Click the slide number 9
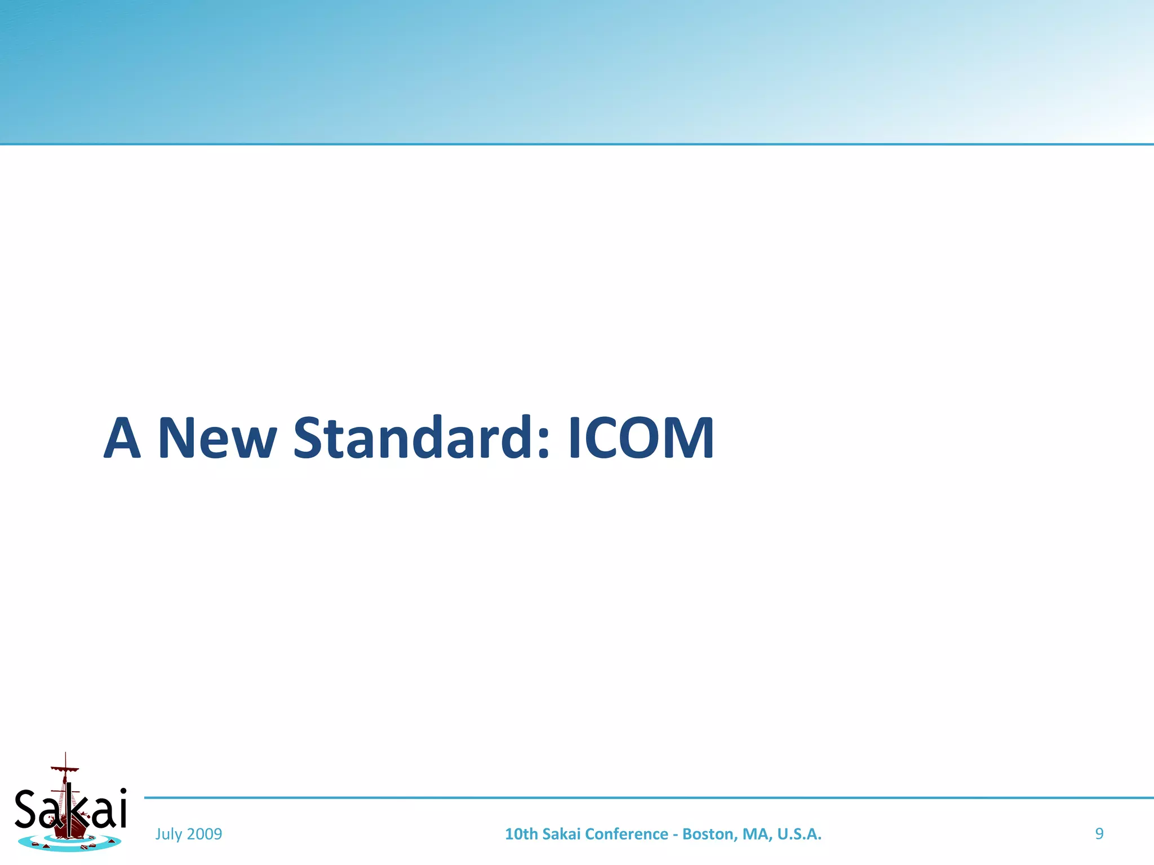click(1099, 833)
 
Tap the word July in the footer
click(168, 834)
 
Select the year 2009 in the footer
click(204, 834)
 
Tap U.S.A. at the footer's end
click(799, 834)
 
